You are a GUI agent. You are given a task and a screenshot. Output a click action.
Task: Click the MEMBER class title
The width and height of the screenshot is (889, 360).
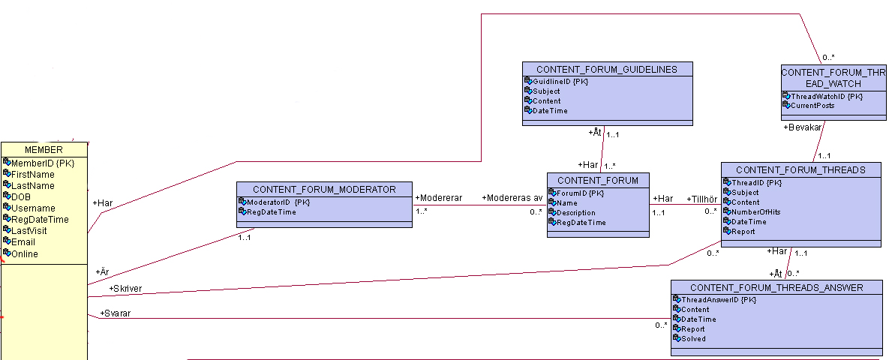44,150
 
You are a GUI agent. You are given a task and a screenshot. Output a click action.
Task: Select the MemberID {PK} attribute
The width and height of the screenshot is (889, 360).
43,163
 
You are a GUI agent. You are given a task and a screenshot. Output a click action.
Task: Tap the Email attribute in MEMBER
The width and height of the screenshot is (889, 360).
23,242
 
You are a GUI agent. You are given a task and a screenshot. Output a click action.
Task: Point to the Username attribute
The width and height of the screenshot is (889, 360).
33,208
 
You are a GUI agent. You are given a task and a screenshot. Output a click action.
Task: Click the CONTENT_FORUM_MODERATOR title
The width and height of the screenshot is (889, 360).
324,189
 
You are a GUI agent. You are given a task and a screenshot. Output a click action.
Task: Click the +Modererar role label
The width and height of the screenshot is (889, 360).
439,198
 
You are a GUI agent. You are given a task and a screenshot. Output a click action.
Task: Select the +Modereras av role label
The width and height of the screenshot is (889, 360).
512,198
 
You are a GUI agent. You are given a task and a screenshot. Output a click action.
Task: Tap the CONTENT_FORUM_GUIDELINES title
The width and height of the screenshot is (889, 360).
607,69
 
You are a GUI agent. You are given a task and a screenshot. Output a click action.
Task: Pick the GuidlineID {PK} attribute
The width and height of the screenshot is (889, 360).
560,82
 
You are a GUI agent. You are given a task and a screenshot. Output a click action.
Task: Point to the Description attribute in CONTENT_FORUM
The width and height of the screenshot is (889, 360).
576,212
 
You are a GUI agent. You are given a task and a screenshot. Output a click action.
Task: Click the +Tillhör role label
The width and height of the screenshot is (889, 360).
702,199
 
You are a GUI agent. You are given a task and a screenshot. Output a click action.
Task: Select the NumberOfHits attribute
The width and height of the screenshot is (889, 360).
755,212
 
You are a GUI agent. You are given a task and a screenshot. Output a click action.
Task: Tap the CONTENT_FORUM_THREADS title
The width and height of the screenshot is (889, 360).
800,170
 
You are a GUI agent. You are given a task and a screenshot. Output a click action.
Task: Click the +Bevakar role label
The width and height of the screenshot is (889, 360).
803,127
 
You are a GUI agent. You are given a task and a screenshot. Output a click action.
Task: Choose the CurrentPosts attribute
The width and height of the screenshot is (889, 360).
812,106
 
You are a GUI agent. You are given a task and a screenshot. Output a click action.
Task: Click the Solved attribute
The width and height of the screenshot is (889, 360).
693,339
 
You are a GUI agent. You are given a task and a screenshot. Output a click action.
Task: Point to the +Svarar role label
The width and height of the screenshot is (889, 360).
115,313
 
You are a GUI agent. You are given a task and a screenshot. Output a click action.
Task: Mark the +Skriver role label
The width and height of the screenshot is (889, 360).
125,289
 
